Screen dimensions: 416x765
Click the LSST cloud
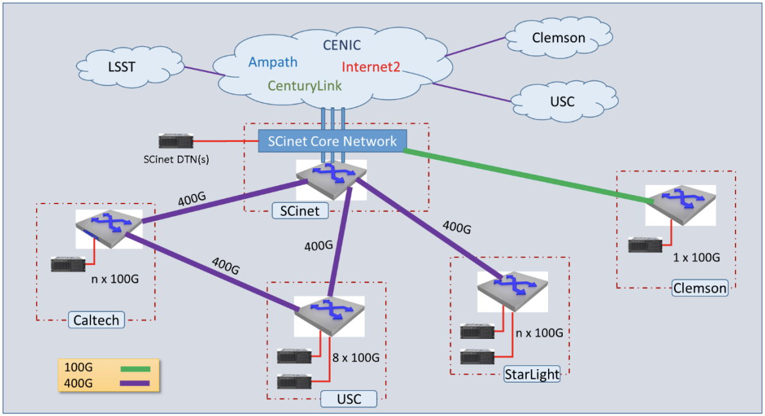point(123,66)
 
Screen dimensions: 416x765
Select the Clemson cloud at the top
point(558,38)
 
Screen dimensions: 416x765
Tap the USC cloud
point(562,101)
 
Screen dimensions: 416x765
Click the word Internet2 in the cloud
point(370,66)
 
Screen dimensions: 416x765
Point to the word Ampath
point(273,62)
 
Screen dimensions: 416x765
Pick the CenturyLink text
point(305,85)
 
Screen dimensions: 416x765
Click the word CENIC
point(341,45)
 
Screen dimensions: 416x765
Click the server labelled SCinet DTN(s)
point(176,142)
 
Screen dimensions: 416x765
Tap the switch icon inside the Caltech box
point(107,227)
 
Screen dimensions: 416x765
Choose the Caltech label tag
point(96,319)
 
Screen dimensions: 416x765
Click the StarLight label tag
point(531,374)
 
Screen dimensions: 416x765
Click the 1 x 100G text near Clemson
point(696,257)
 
